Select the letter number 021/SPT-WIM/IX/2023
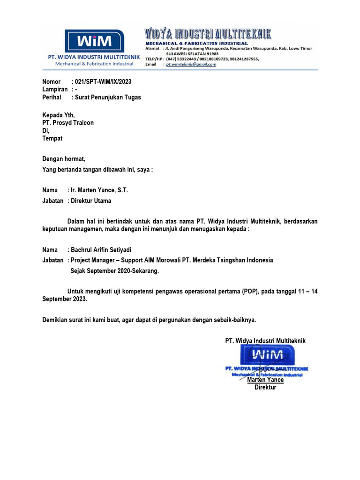click(103, 82)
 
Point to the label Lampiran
click(55, 90)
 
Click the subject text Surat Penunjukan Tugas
click(108, 97)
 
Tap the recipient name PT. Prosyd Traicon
click(68, 123)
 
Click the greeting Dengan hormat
click(64, 159)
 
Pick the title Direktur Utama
click(91, 201)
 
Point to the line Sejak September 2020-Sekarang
click(115, 271)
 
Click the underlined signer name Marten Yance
click(265, 380)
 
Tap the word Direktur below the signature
click(265, 388)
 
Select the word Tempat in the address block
click(52, 139)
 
